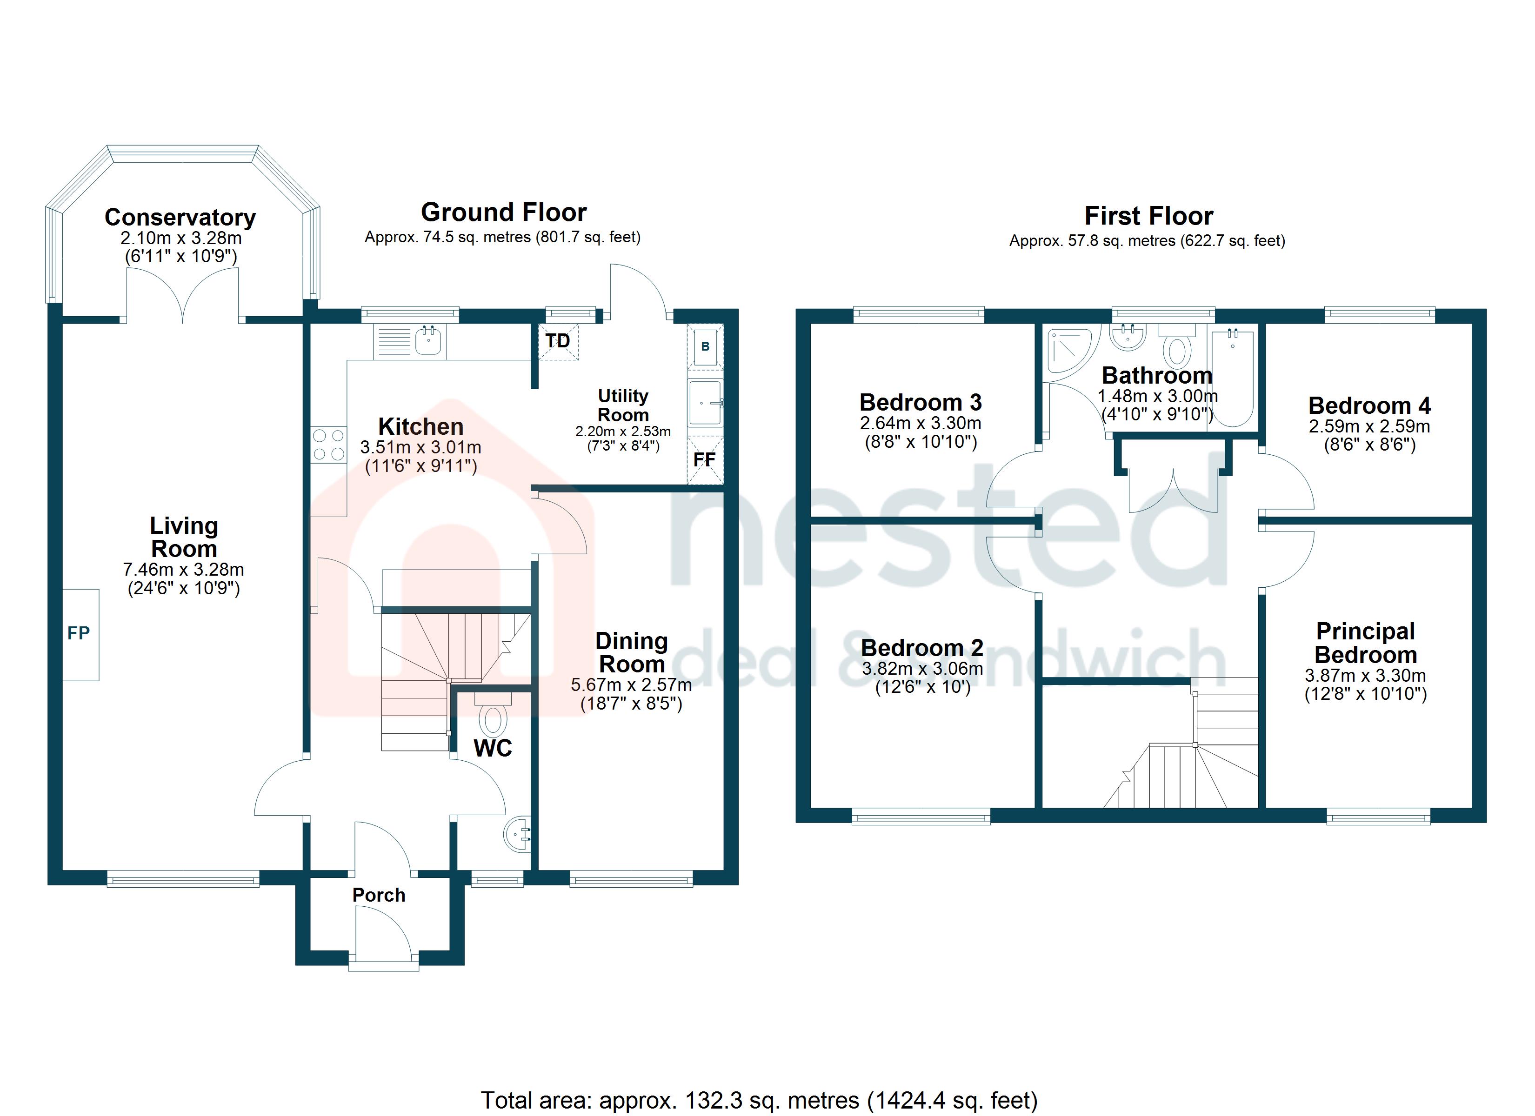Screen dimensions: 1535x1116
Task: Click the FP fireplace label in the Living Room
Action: [79, 633]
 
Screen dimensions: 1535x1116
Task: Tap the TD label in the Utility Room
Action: [558, 340]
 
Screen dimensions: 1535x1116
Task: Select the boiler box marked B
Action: [705, 346]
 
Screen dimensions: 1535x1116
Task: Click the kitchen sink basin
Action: [428, 340]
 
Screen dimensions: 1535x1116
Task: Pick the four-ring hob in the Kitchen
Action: [328, 445]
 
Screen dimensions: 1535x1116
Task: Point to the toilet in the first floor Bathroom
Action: [1178, 345]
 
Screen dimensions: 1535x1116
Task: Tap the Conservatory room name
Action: [180, 217]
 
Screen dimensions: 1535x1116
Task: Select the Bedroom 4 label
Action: [1369, 405]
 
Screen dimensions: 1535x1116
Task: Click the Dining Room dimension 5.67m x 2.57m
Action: [632, 685]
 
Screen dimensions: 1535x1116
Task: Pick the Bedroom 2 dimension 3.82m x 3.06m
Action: [922, 669]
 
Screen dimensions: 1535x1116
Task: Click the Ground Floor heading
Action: [504, 213]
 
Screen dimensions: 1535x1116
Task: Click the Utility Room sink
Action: [705, 403]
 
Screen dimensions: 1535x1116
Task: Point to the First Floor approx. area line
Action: [1147, 241]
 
